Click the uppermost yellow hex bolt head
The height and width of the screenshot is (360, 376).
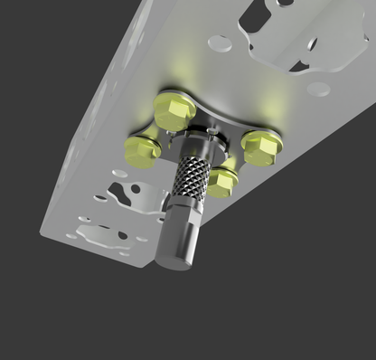[174, 109]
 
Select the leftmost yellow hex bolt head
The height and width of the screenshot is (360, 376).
[142, 149]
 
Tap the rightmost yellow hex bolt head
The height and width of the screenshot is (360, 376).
[261, 147]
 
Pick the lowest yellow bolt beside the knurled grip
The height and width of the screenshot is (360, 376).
[222, 181]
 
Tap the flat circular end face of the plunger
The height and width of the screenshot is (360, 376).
[174, 261]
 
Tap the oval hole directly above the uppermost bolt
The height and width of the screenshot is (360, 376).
[220, 42]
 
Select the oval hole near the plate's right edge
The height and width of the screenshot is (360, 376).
[318, 89]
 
